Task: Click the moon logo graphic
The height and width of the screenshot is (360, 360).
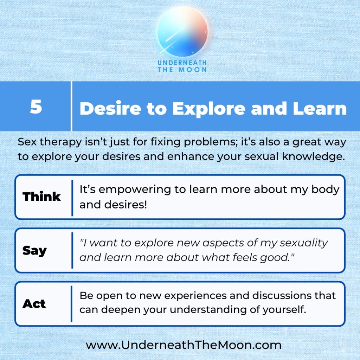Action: pos(182,32)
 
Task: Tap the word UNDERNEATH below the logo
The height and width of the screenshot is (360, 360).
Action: pos(182,63)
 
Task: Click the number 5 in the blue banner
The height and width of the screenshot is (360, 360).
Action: pos(36,107)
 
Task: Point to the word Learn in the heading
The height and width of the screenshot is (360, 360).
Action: pos(320,108)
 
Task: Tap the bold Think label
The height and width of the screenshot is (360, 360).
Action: pos(42,197)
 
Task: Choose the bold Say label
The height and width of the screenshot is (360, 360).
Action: pos(34,251)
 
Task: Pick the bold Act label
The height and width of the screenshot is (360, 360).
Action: pos(34,304)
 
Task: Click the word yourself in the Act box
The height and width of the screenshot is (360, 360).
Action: pos(284,310)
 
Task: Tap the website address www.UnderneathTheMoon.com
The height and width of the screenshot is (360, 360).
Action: pos(184,345)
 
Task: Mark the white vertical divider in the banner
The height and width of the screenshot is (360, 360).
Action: pos(71,106)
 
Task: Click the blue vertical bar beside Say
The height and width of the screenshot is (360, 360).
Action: pos(72,250)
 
